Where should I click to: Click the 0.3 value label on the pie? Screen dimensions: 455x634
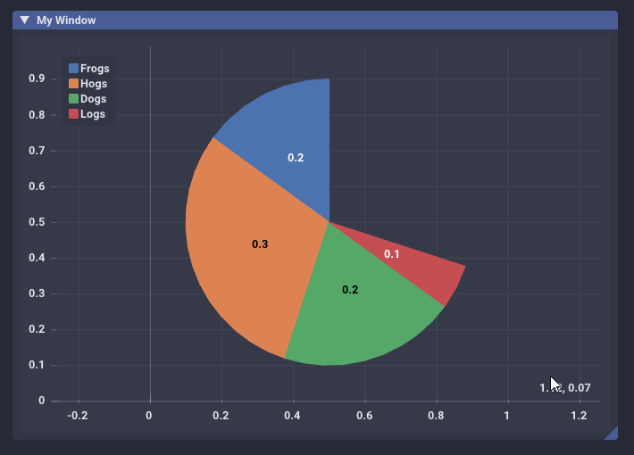260,244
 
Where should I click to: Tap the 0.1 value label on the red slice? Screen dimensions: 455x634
392,254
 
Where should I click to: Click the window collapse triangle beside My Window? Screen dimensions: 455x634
25,20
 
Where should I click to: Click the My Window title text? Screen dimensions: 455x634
66,20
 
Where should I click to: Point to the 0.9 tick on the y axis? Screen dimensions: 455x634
37,79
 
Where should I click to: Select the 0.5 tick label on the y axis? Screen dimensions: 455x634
37,222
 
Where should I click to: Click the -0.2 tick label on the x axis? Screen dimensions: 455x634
78,416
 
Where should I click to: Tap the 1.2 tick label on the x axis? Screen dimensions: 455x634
579,416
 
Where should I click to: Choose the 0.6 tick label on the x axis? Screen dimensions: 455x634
364,416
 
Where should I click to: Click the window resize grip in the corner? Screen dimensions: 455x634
611,434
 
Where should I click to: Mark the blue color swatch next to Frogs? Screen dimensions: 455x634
73,68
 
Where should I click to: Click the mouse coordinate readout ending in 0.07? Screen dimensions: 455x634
565,388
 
